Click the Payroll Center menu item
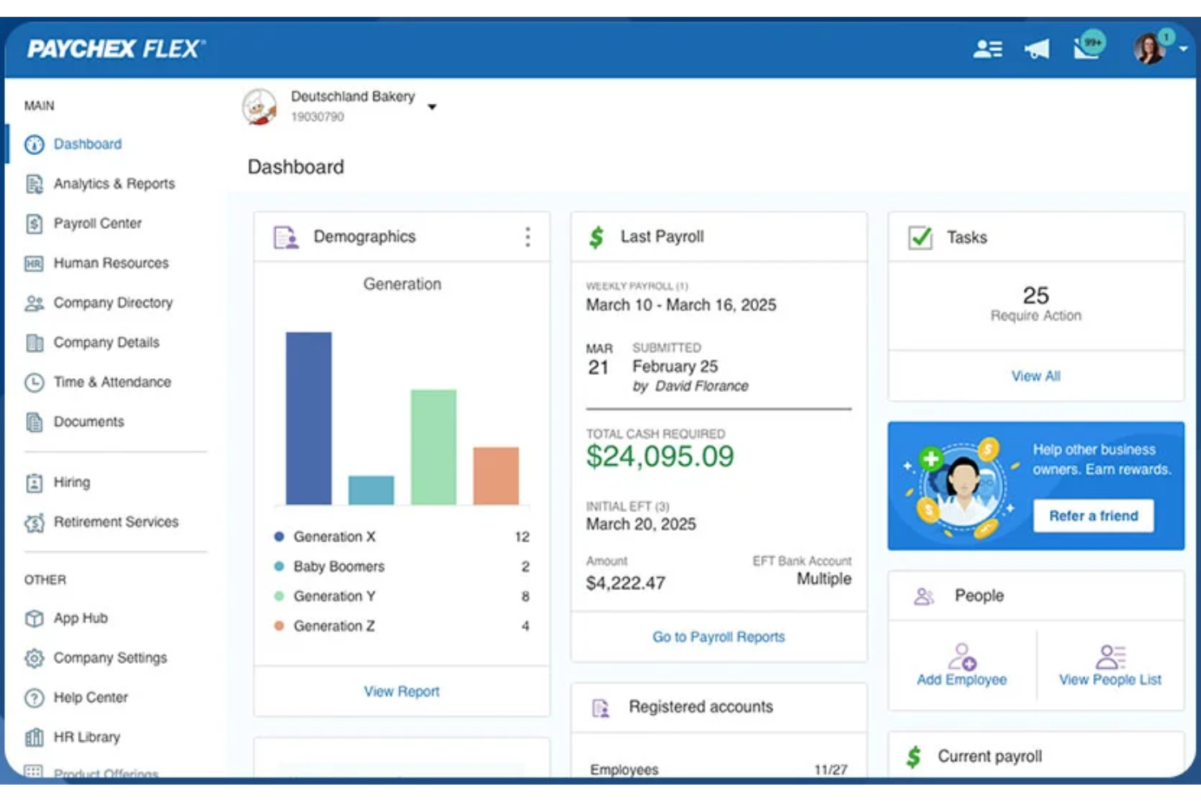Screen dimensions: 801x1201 [97, 223]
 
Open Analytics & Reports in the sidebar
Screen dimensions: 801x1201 [114, 183]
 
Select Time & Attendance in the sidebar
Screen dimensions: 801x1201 [112, 382]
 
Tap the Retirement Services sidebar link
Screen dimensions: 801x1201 [115, 522]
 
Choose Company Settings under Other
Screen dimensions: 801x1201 [110, 658]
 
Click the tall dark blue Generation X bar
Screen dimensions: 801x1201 [308, 418]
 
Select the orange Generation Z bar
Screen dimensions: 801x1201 [496, 476]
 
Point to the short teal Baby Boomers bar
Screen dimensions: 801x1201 [371, 490]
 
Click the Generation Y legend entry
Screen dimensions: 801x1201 [334, 596]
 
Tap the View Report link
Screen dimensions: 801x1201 [401, 691]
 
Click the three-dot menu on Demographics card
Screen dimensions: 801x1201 [527, 237]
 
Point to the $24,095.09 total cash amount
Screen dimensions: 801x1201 [660, 457]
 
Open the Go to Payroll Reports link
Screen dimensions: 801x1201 [718, 637]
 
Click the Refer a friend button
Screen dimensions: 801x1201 [1093, 516]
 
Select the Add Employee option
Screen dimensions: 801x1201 [962, 665]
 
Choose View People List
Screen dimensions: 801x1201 [1109, 665]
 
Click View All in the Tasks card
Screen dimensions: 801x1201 [1035, 377]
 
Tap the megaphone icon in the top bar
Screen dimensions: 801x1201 [1036, 50]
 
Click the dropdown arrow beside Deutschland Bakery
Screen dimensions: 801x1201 [433, 107]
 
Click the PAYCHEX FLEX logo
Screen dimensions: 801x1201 [116, 49]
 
